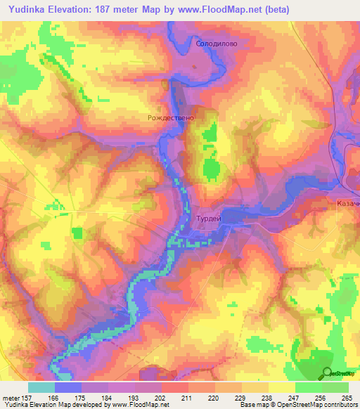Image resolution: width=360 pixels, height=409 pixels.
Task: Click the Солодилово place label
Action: coord(217,43)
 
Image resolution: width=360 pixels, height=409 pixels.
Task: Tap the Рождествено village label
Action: coord(169,118)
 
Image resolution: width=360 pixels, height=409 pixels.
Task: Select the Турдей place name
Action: coord(207,219)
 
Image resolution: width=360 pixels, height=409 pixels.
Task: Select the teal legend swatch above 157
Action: coord(41,387)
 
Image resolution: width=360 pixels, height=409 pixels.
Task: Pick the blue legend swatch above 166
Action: coord(68,387)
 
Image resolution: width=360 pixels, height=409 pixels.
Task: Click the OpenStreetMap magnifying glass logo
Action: coord(327,374)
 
